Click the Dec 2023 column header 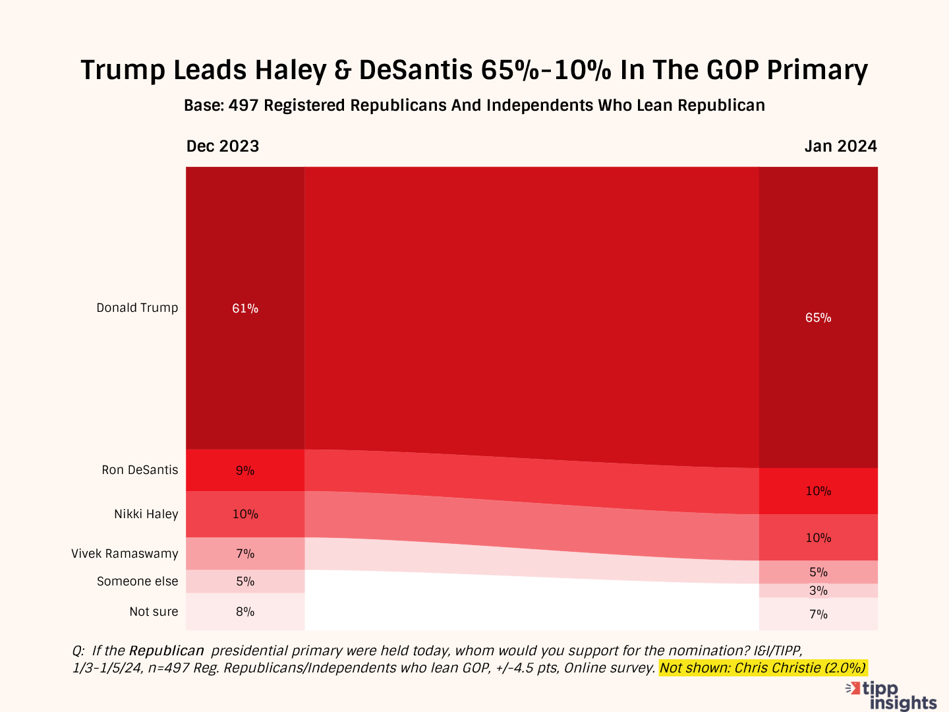pyautogui.click(x=223, y=146)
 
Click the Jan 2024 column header pyautogui.click(x=840, y=146)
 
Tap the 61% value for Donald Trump pyautogui.click(x=245, y=308)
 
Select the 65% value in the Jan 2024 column pyautogui.click(x=818, y=318)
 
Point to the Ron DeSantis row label pyautogui.click(x=140, y=470)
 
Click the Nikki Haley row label pyautogui.click(x=146, y=514)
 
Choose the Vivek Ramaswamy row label pyautogui.click(x=125, y=554)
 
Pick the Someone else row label pyautogui.click(x=137, y=581)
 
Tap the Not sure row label pyautogui.click(x=154, y=612)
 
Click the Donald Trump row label pyautogui.click(x=137, y=308)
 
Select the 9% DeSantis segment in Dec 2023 pyautogui.click(x=245, y=471)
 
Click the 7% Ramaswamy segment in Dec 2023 pyautogui.click(x=245, y=554)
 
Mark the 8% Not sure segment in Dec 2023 pyautogui.click(x=245, y=612)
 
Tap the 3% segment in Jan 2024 pyautogui.click(x=818, y=591)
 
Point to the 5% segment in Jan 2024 pyautogui.click(x=818, y=572)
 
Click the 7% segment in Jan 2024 pyautogui.click(x=818, y=614)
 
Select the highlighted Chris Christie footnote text pyautogui.click(x=762, y=668)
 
